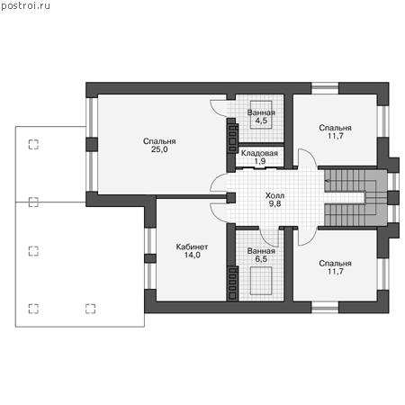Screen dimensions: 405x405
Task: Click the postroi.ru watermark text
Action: point(25,6)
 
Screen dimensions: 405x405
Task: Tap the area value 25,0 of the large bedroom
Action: point(159,149)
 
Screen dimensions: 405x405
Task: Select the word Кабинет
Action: point(192,247)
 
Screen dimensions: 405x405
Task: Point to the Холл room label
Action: point(274,195)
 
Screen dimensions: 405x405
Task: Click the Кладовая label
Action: point(259,153)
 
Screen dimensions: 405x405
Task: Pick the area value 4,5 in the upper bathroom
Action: point(261,121)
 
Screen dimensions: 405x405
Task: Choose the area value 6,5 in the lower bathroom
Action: point(261,259)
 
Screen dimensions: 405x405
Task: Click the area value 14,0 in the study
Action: point(193,255)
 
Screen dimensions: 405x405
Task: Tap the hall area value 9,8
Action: point(274,203)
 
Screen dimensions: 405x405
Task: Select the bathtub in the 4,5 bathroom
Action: point(261,114)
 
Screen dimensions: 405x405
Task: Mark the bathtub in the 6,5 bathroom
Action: point(261,281)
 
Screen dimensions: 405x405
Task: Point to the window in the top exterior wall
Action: point(325,88)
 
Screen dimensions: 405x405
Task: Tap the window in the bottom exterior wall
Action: point(325,307)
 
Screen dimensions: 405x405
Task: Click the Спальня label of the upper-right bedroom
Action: point(335,128)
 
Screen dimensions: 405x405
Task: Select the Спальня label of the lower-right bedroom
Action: point(335,264)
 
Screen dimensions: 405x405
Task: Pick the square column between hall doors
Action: point(231,198)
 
